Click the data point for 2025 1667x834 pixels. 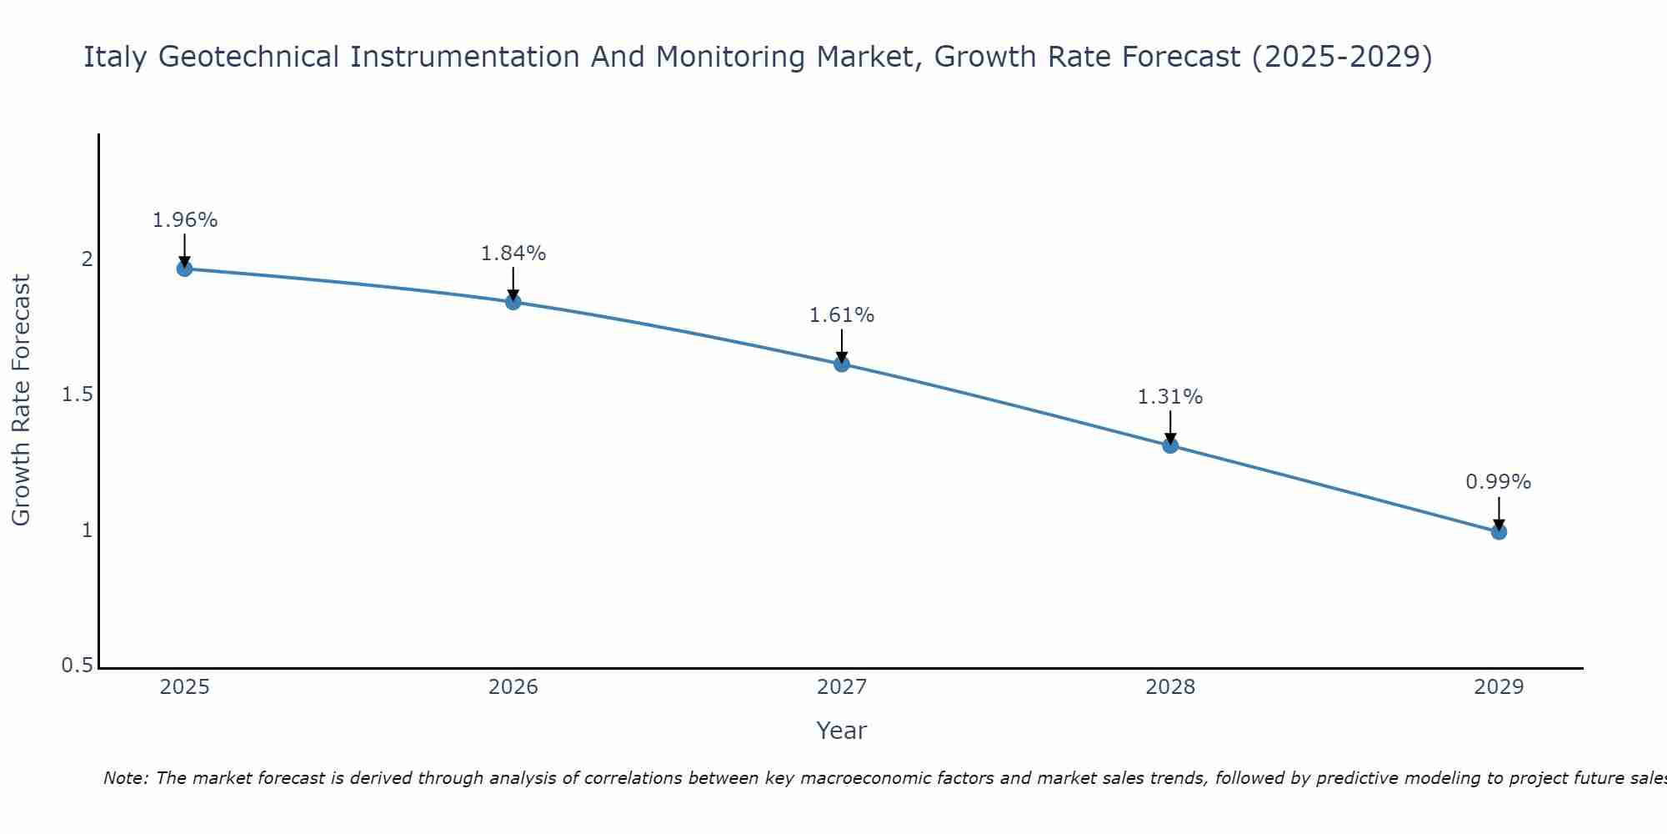coord(184,269)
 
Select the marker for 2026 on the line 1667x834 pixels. coord(513,302)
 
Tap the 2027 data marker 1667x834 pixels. coord(841,364)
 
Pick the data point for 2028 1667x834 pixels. coord(1170,445)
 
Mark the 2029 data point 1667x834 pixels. coord(1499,531)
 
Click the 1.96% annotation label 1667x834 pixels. coord(184,220)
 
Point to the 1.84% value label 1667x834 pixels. coord(513,253)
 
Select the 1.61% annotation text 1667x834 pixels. coord(841,315)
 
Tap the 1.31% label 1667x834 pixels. coord(1170,397)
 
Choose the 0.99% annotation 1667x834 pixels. coord(1499,482)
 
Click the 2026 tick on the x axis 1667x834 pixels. coord(513,687)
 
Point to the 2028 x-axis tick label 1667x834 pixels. coord(1170,687)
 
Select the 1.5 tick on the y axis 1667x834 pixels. coord(77,394)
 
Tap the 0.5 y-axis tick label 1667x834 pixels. coord(77,666)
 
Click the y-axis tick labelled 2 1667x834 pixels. coord(87,259)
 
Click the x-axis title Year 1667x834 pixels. coord(841,731)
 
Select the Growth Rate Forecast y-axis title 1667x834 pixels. coord(21,400)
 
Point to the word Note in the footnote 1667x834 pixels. coord(125,778)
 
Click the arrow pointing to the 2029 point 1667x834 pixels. coord(1499,512)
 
